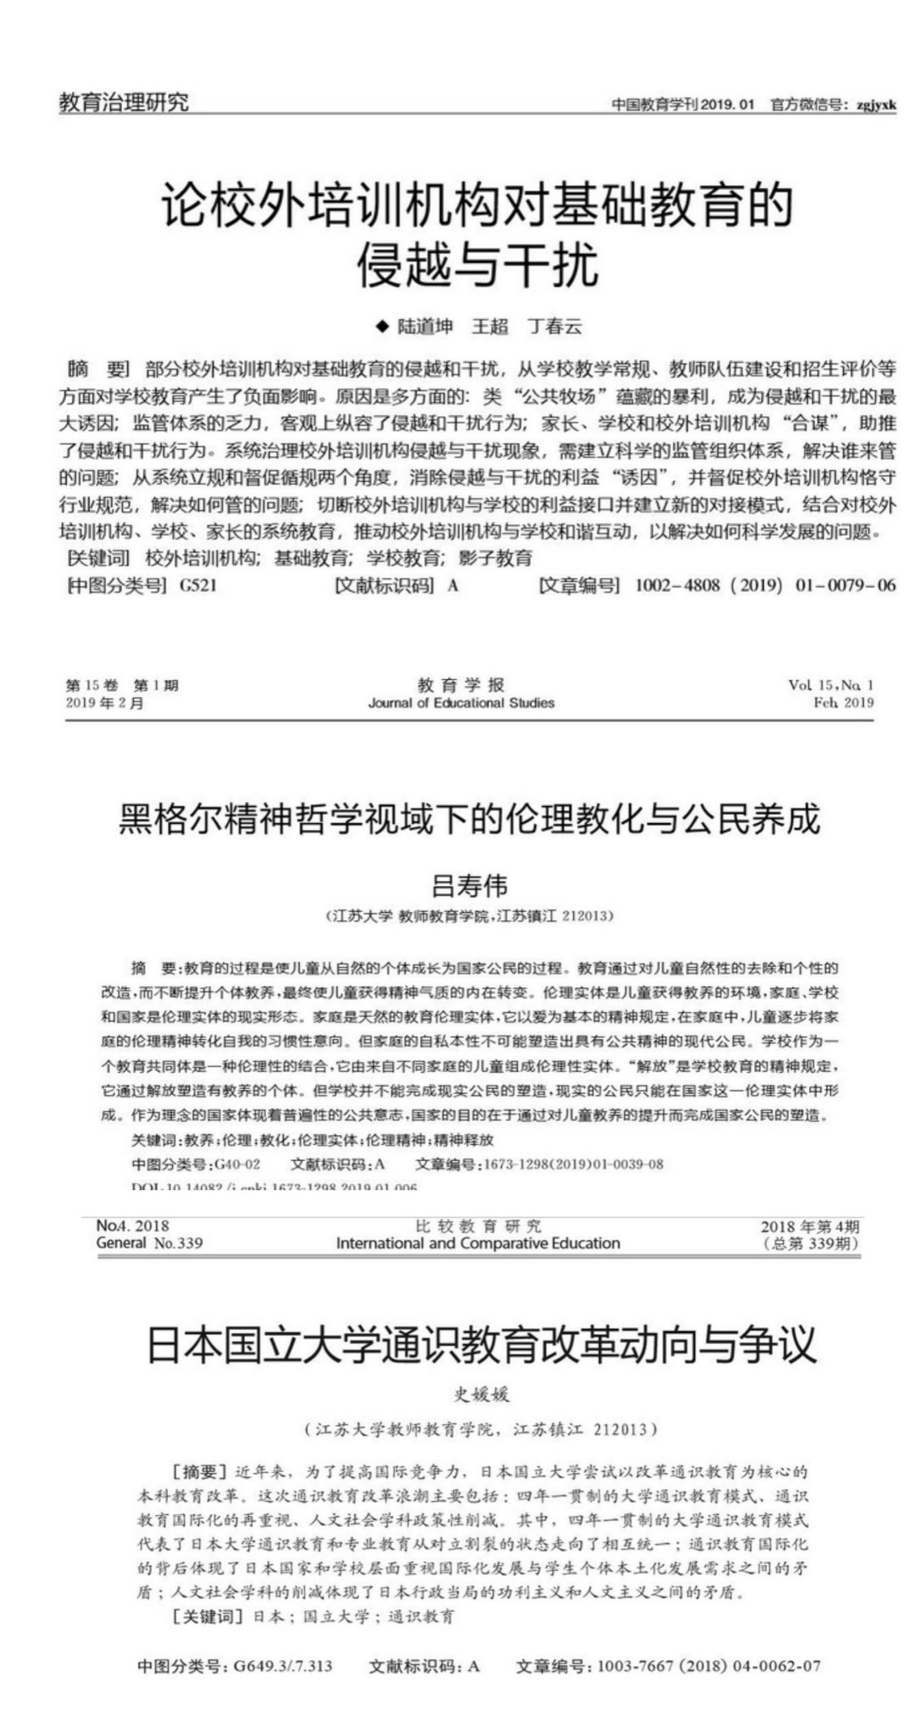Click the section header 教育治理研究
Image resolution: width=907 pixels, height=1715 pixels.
pos(123,103)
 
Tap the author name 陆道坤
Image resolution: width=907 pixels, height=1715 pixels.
pos(425,327)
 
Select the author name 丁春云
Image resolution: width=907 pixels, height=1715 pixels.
pos(555,327)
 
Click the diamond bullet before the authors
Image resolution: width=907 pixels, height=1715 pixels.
pos(382,327)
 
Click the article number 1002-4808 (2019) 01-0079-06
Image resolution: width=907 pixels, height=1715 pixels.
pos(765,585)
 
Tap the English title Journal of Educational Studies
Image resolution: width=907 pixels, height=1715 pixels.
pos(461,702)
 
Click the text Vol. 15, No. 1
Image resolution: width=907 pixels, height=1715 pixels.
pos(831,685)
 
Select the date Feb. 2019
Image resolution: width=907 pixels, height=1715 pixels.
pos(843,702)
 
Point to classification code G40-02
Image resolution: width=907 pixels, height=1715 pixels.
pos(237,1164)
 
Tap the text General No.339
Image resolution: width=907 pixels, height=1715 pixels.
pos(150,1243)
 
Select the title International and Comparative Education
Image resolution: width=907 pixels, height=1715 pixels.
pos(478,1243)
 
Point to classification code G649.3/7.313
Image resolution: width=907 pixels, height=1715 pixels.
pos(283,1666)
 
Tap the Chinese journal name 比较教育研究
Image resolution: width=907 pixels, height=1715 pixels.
pos(478,1226)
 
